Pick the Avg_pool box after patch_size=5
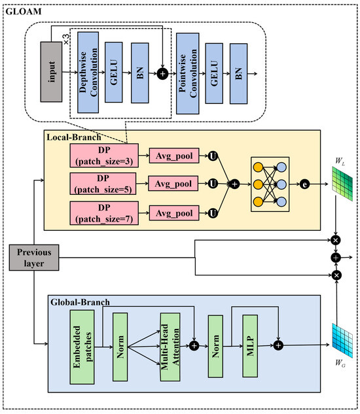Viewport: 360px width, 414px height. (x=174, y=184)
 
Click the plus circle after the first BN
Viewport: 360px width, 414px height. (x=163, y=75)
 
